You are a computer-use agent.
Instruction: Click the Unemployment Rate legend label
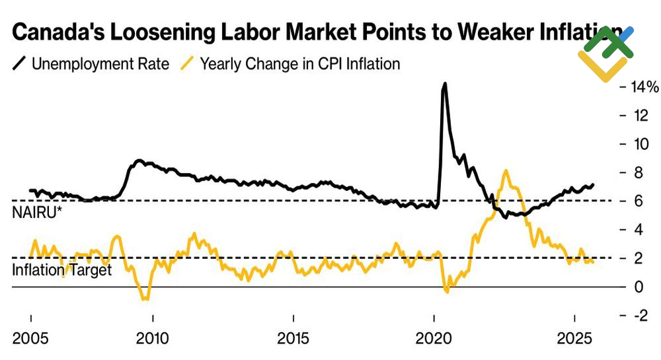click(x=100, y=64)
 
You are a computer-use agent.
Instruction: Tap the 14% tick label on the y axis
click(x=645, y=87)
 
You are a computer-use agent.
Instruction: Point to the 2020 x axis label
click(x=435, y=338)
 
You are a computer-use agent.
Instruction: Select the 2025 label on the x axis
click(x=574, y=338)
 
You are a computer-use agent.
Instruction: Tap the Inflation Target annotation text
click(x=62, y=270)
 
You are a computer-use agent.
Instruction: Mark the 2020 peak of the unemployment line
click(x=444, y=84)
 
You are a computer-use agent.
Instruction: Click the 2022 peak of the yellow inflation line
click(x=506, y=170)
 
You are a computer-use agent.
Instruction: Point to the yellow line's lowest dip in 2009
click(x=145, y=299)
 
